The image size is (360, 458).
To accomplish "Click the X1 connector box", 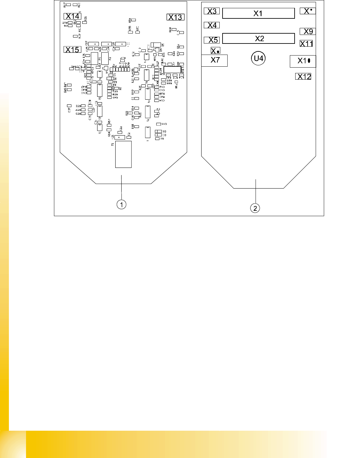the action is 258,13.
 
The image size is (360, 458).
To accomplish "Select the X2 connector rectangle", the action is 258,38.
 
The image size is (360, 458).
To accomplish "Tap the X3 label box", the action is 212,11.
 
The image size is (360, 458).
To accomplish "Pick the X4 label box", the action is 212,25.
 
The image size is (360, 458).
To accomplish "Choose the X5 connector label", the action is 212,40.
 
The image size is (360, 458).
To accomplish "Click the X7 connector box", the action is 215,60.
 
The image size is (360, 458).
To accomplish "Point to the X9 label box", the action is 308,31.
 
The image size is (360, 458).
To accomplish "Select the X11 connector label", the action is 306,43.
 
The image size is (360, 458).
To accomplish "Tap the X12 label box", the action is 303,76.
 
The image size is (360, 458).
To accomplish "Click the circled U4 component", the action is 258,58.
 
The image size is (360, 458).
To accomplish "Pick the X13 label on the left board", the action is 175,17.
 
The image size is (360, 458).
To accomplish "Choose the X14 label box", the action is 72,16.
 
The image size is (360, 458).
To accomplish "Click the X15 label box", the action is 72,50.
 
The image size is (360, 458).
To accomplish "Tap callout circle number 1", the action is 121,204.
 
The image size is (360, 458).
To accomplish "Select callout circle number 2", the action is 255,208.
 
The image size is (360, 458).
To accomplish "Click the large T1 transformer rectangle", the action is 123,155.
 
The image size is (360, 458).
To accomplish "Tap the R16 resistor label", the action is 85,19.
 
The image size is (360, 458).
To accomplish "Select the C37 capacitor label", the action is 69,110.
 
